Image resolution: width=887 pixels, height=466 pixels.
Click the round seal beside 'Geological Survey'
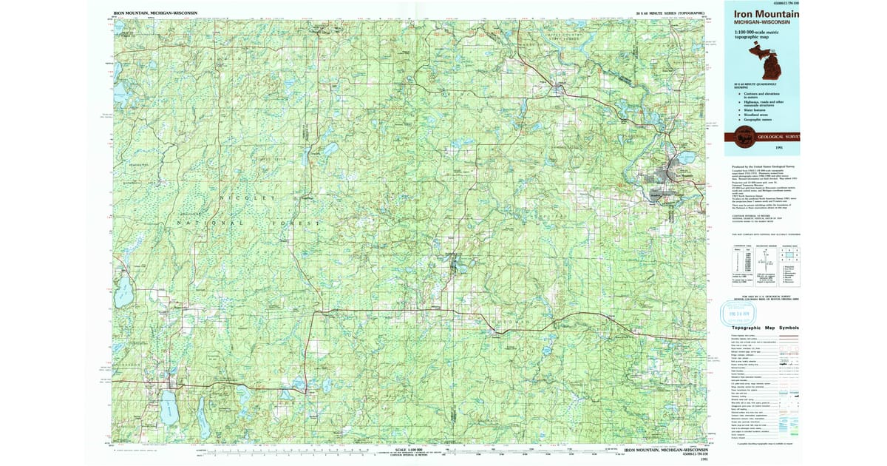click(747, 135)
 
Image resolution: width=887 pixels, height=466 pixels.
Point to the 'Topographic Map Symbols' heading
click(765, 328)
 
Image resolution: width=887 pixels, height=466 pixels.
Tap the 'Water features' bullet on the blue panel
click(757, 109)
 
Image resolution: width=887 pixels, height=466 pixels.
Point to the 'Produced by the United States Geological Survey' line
click(765, 166)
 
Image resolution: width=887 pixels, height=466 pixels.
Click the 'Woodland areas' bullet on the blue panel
click(758, 114)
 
